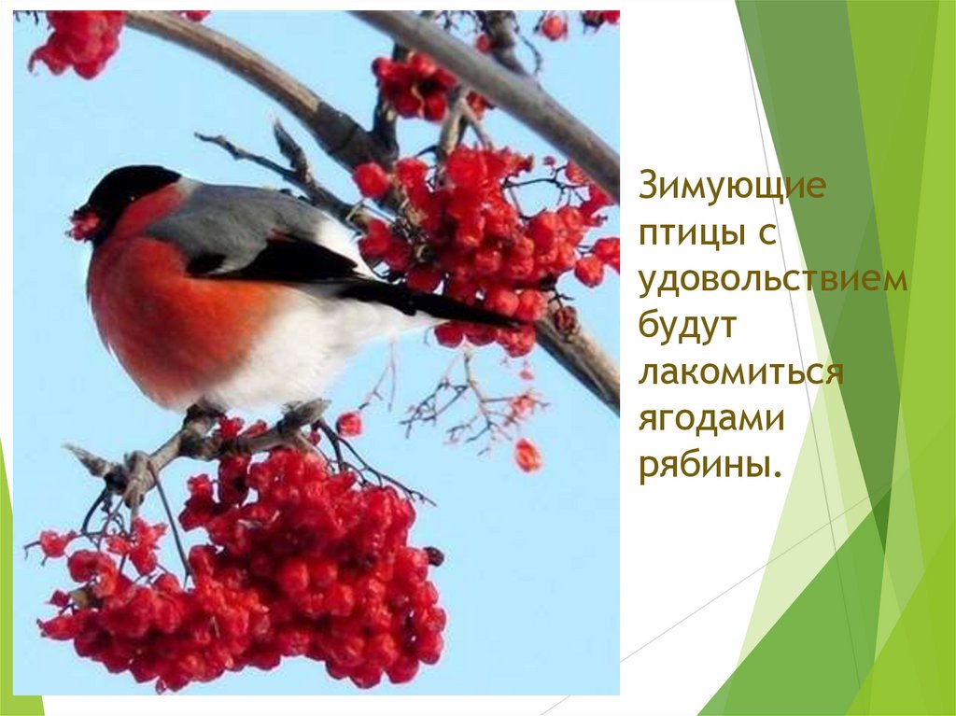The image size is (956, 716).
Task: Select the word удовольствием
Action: pos(773,279)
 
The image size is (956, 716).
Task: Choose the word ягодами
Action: pos(711,417)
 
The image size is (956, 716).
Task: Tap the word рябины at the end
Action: pos(707,465)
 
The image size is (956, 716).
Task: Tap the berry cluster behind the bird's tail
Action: pos(476,233)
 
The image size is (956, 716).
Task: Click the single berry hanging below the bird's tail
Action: pos(527,455)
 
